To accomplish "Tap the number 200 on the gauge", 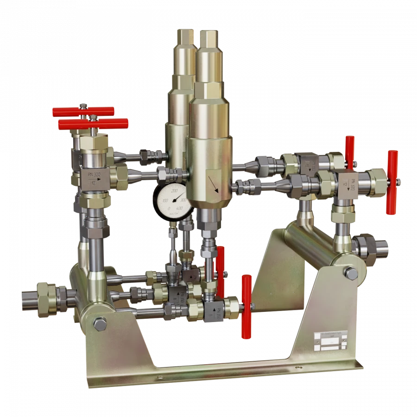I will tap(175, 190).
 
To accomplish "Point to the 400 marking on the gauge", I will tap(179, 208).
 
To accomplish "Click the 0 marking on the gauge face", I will tap(168, 209).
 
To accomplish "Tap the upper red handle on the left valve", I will tap(83, 112).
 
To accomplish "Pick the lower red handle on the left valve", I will tap(93, 124).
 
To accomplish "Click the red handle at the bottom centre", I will tap(246, 306).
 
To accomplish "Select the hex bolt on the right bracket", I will tap(352, 273).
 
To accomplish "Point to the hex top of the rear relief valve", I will tap(184, 36).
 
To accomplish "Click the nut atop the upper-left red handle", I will tap(82, 106).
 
